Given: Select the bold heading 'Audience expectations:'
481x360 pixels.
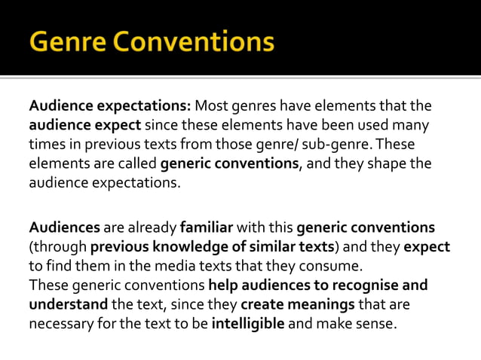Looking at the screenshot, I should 111,105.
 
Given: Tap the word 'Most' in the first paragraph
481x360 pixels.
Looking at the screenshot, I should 216,105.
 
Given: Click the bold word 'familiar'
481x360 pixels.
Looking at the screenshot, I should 207,227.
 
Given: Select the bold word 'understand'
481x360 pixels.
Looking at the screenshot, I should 69,305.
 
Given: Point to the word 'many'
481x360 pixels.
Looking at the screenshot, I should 415,124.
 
